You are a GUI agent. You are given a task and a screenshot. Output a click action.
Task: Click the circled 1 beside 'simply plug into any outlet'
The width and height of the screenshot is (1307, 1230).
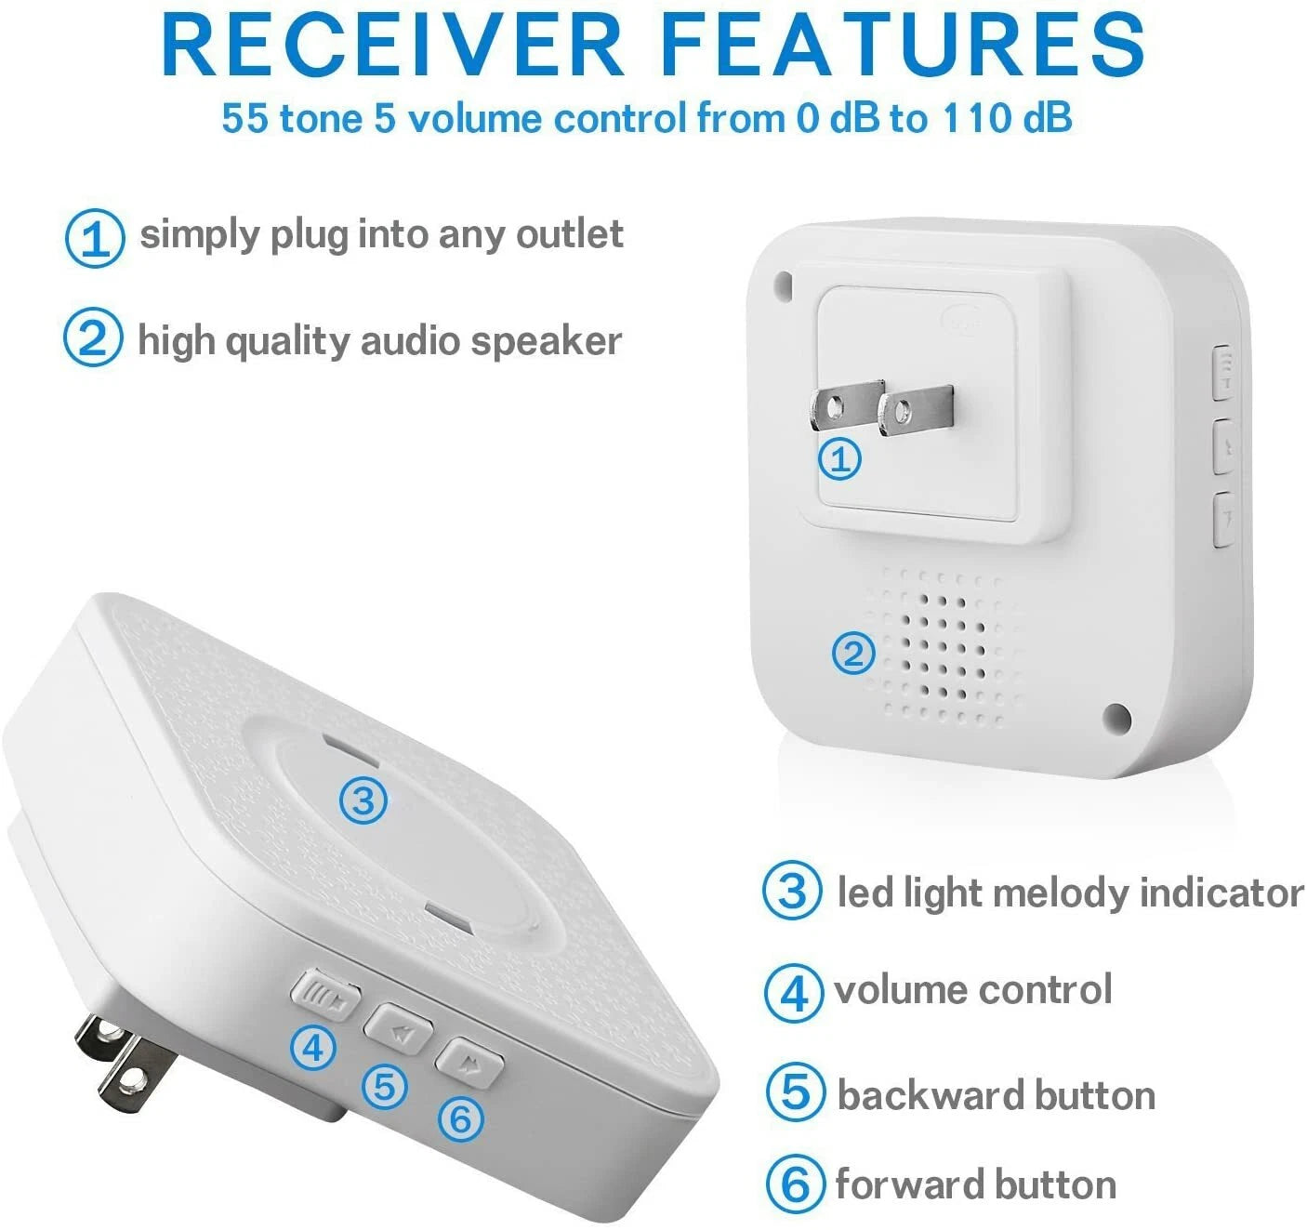click(x=94, y=238)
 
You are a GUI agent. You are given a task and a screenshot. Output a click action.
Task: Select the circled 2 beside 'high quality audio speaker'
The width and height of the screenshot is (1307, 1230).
click(x=92, y=337)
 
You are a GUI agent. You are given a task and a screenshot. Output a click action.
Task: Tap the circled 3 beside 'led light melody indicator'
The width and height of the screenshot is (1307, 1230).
click(x=791, y=890)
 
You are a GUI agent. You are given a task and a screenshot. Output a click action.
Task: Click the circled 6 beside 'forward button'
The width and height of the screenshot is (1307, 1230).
click(x=795, y=1184)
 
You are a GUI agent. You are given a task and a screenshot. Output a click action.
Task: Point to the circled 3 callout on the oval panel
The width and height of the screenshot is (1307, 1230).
click(x=363, y=800)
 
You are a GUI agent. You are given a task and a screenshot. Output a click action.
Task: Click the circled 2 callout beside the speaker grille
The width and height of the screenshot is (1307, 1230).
click(x=852, y=654)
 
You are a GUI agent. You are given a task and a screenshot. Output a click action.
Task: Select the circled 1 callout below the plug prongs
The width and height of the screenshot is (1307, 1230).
click(x=840, y=458)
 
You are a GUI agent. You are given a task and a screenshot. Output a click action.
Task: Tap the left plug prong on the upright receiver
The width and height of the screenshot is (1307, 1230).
click(x=844, y=406)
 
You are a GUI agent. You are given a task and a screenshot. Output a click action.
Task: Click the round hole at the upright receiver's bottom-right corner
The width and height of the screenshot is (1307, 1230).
click(x=1116, y=717)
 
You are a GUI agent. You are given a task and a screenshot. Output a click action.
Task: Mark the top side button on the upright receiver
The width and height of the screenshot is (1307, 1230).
click(x=1224, y=373)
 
